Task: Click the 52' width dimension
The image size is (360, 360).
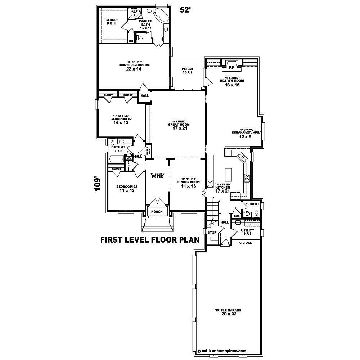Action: pyautogui.click(x=185, y=10)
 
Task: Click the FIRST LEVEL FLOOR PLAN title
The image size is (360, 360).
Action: pyautogui.click(x=149, y=240)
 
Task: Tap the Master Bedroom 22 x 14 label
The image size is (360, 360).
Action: pyautogui.click(x=134, y=67)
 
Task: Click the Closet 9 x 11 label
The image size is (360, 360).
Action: pyautogui.click(x=112, y=22)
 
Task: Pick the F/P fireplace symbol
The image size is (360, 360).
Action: pyautogui.click(x=231, y=67)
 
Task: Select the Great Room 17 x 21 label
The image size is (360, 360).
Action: pyautogui.click(x=179, y=126)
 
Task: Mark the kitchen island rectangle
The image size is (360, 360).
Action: pyautogui.click(x=228, y=175)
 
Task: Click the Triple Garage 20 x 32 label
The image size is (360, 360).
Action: pyautogui.click(x=228, y=312)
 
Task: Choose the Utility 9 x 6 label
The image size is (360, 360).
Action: pyautogui.click(x=247, y=231)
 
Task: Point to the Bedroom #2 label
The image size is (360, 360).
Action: pyautogui.click(x=121, y=120)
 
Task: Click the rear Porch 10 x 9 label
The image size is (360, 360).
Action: pyautogui.click(x=187, y=71)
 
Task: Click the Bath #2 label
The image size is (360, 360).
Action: pyautogui.click(x=118, y=148)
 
